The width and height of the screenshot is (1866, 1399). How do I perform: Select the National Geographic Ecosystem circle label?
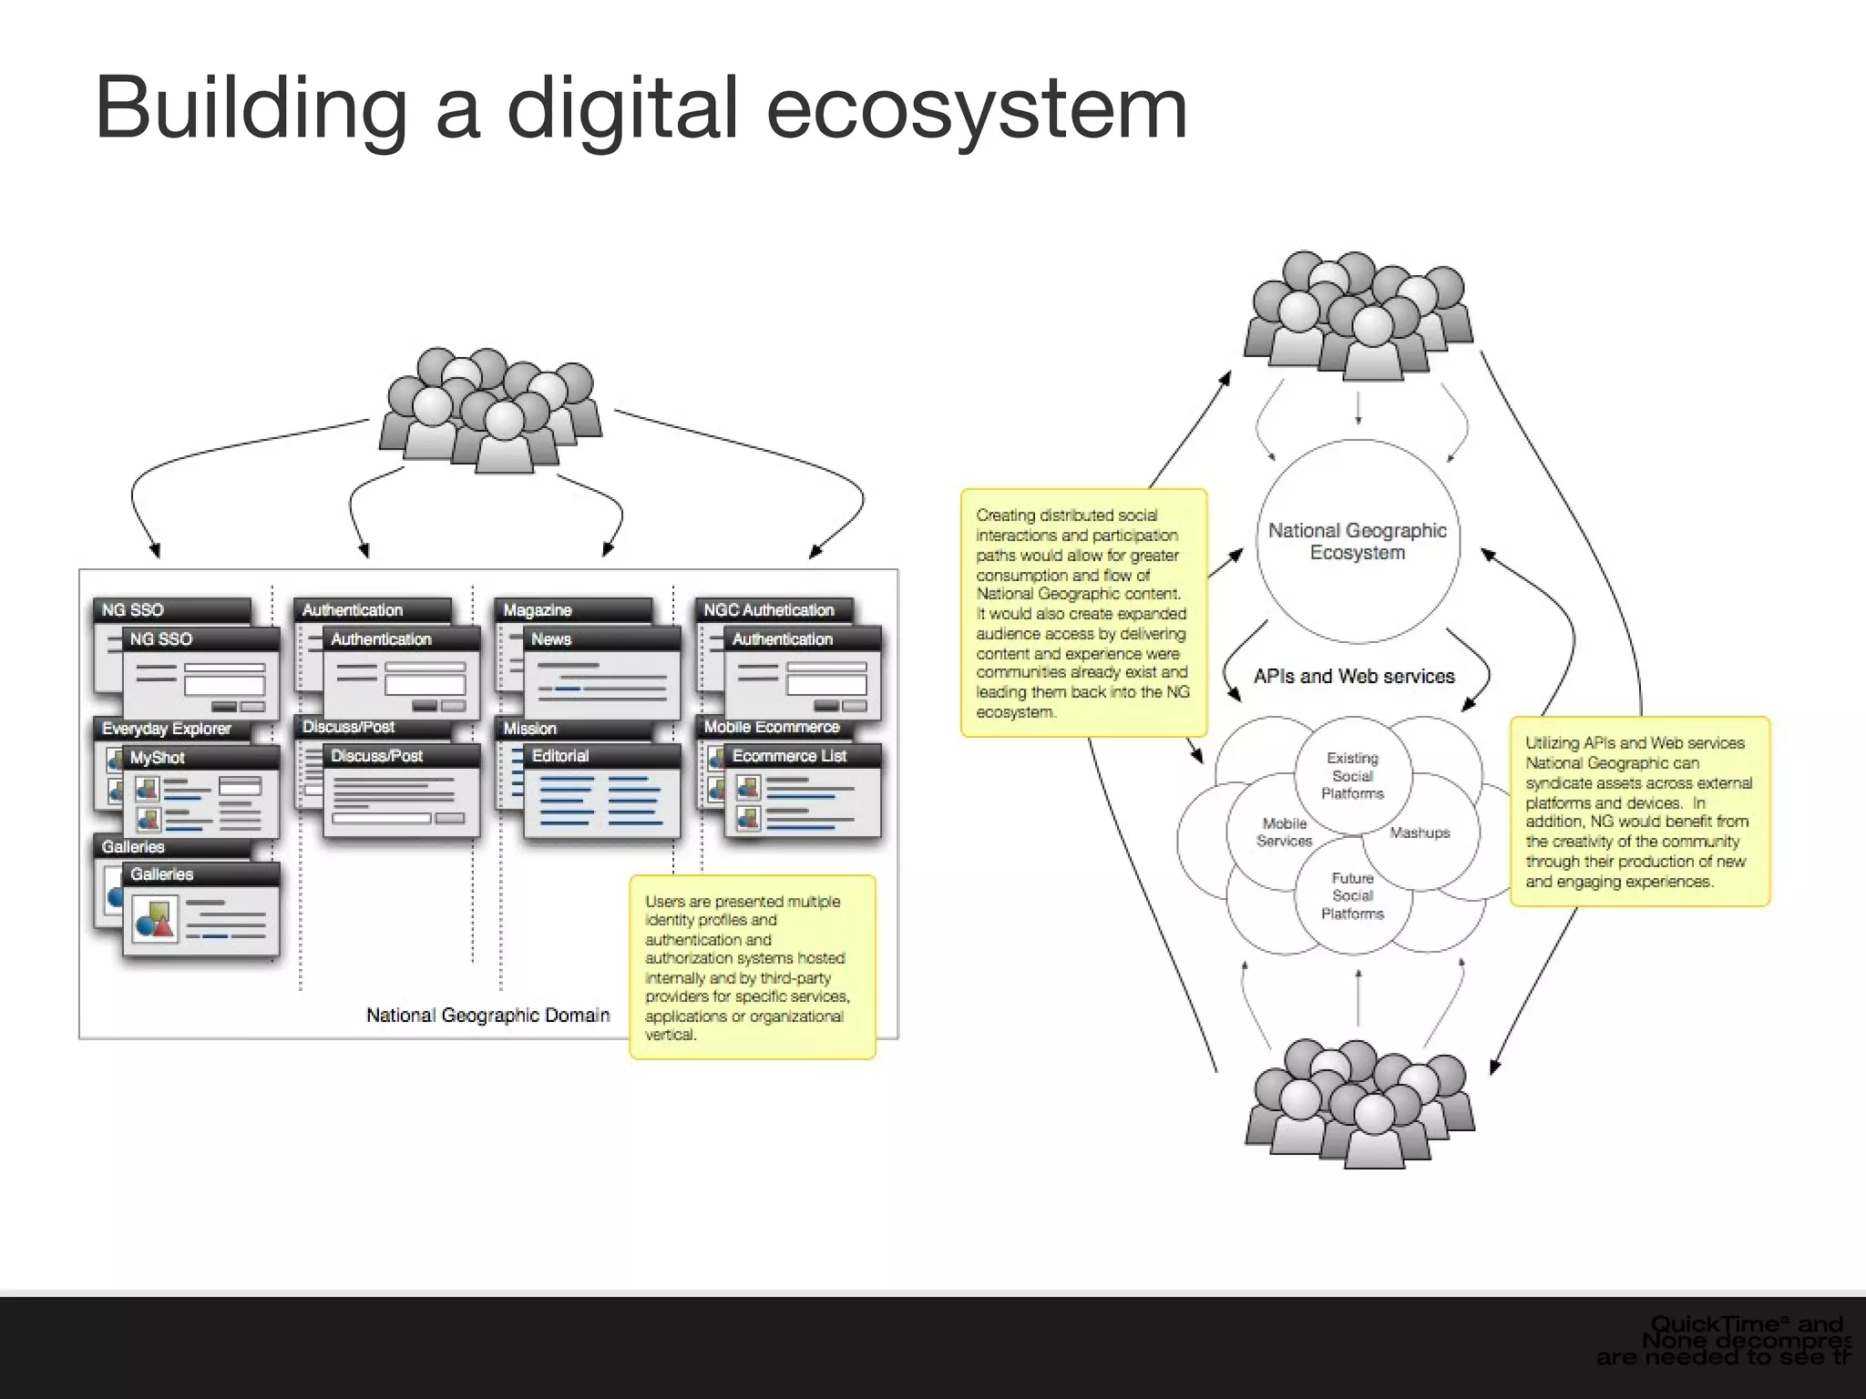[x=1357, y=541]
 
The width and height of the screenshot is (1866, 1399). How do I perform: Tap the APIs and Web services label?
[x=1354, y=676]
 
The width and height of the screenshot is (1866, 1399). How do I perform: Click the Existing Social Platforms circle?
[x=1352, y=776]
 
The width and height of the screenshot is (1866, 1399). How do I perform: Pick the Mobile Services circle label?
[x=1284, y=832]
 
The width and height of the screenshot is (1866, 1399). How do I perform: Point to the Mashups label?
[x=1419, y=832]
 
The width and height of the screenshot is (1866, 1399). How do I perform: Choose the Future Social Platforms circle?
[x=1352, y=896]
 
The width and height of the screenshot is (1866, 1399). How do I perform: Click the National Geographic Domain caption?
[x=487, y=1015]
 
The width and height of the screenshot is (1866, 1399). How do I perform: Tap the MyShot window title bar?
[x=200, y=757]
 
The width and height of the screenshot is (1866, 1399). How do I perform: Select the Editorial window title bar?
[x=601, y=756]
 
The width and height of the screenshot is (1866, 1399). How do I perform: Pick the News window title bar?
[x=601, y=639]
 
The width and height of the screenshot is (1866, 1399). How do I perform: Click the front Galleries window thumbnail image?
[x=153, y=919]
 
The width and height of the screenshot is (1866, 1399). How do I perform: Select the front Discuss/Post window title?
[x=401, y=756]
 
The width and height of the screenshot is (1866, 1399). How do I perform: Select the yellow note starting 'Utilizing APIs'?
[x=1638, y=812]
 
